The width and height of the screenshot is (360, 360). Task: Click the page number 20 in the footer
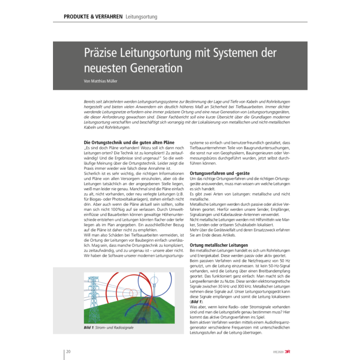click(x=69, y=351)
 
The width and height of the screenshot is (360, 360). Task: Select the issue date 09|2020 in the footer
click(x=279, y=352)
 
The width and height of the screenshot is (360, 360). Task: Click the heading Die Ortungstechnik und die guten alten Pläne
click(x=129, y=142)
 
